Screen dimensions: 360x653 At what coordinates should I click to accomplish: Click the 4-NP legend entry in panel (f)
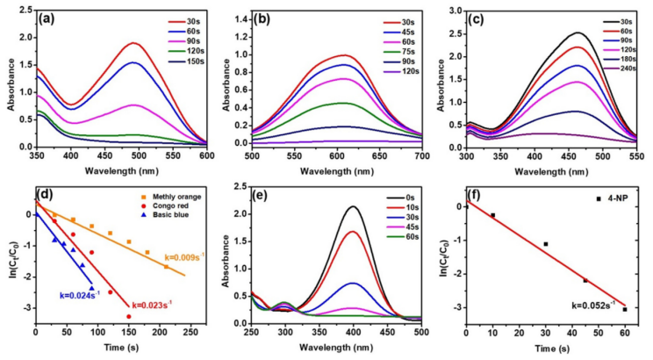coord(618,198)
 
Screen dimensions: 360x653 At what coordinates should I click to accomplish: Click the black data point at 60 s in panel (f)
coord(625,309)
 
